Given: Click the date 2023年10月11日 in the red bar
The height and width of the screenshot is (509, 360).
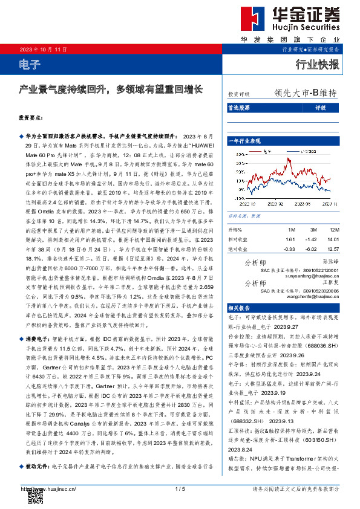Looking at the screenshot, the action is [43, 48].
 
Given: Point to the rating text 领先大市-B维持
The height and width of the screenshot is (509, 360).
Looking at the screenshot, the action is [305, 93].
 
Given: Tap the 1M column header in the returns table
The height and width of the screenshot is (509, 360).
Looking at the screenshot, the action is [291, 230].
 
